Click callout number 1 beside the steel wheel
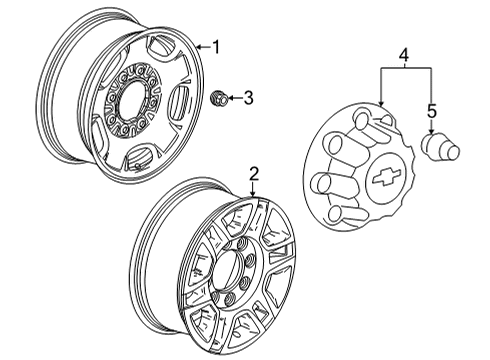(x=213, y=46)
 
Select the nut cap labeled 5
(x=436, y=147)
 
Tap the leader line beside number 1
(x=201, y=46)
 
